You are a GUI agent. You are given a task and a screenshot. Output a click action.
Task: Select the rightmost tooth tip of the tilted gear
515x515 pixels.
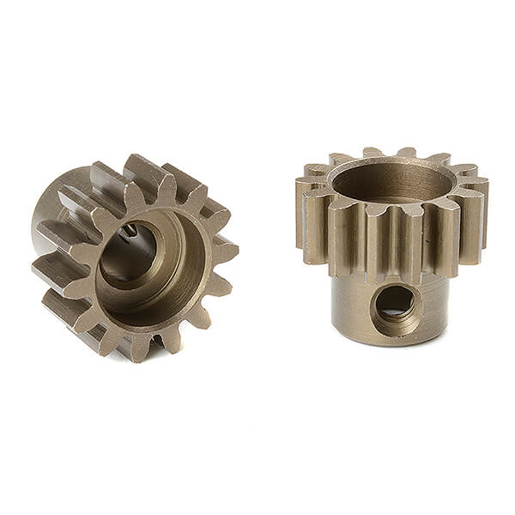(x=230, y=250)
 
